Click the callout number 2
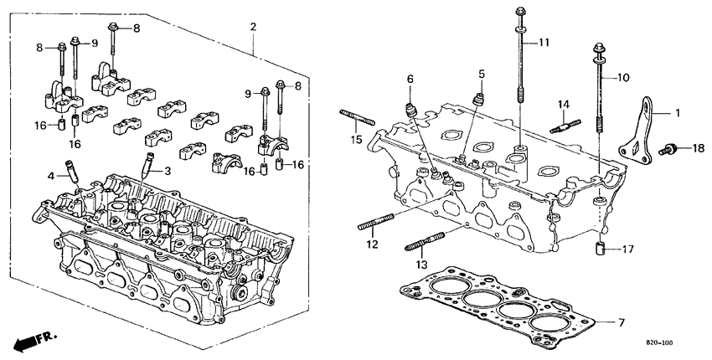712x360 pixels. pos(253,28)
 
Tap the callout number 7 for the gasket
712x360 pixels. pos(622,322)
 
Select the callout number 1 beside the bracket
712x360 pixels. pos(678,112)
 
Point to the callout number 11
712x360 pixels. pos(544,42)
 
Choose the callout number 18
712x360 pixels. pos(699,148)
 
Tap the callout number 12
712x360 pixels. pos(372,244)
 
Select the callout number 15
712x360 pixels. pos(357,139)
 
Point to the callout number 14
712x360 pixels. pos(564,104)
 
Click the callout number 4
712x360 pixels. pos(51,175)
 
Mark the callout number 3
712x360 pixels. pos(167,171)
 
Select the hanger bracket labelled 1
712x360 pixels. pos(642,132)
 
